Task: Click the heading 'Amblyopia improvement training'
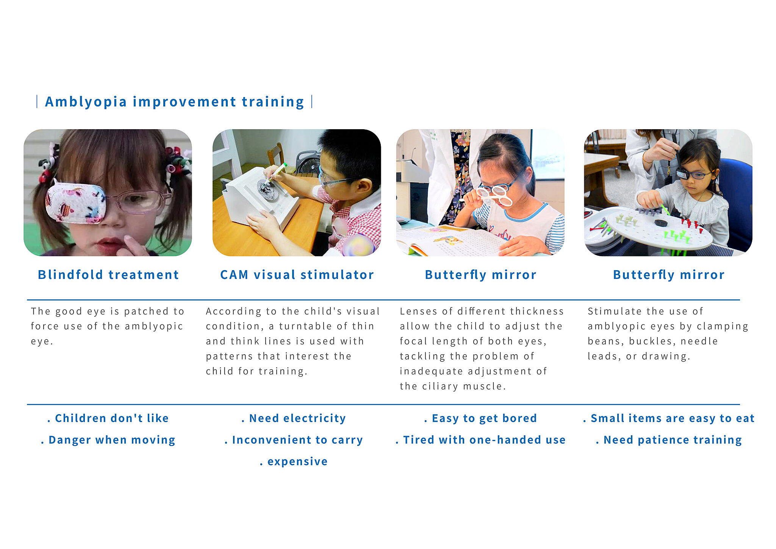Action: pyautogui.click(x=175, y=102)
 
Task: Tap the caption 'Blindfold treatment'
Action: pyautogui.click(x=108, y=275)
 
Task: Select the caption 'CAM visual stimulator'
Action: pyautogui.click(x=297, y=275)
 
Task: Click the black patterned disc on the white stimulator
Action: pyautogui.click(x=268, y=189)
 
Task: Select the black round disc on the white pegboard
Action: pyautogui.click(x=661, y=223)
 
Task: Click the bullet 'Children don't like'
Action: pyautogui.click(x=108, y=418)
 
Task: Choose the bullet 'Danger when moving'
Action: pyautogui.click(x=108, y=440)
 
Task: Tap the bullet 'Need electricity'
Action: pyautogui.click(x=294, y=418)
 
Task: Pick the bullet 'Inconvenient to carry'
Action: pyautogui.click(x=294, y=440)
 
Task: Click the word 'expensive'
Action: pyautogui.click(x=297, y=462)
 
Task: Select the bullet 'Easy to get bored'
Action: pyautogui.click(x=480, y=418)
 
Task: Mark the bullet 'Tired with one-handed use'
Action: pyautogui.click(x=480, y=440)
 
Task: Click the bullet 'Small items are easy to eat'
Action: pyautogui.click(x=669, y=418)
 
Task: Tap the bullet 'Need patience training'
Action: pyautogui.click(x=669, y=440)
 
